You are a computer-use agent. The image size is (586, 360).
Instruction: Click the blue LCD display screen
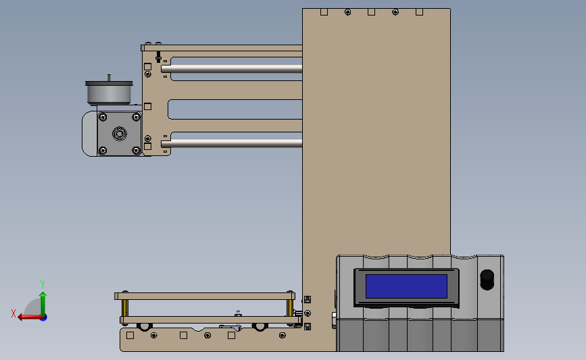coord(406,286)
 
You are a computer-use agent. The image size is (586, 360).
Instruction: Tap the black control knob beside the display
coord(487,280)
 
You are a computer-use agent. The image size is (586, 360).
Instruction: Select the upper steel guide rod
coord(232,69)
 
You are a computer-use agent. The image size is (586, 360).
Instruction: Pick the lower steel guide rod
coord(232,143)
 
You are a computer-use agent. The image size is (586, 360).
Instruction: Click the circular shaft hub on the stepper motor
coord(119,133)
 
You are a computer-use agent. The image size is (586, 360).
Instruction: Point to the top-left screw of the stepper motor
coord(103,118)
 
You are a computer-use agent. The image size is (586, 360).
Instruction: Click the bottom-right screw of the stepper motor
coord(136,151)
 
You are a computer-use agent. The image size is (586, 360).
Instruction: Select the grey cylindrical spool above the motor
coord(109,93)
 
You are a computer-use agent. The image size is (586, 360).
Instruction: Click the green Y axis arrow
coord(43,304)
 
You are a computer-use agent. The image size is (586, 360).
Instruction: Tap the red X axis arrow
coord(30,317)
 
